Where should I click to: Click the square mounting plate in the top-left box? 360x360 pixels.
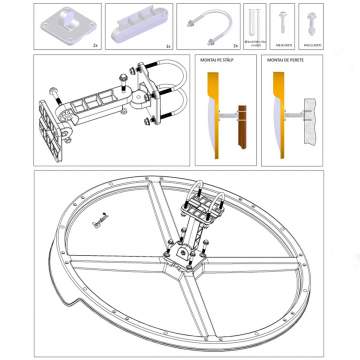coord(65,22)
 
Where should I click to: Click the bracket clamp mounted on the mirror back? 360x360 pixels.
coord(200,212)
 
